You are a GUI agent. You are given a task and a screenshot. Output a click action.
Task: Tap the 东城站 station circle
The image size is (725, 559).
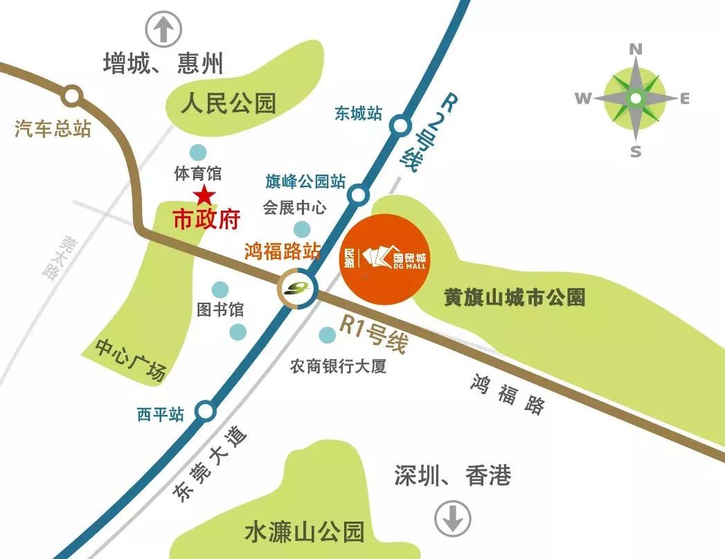(400, 126)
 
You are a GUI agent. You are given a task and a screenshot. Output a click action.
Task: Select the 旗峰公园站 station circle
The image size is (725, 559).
(358, 195)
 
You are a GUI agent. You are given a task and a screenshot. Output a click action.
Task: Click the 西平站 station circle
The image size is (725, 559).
(204, 411)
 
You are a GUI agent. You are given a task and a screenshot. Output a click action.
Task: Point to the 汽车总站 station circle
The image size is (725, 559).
(72, 95)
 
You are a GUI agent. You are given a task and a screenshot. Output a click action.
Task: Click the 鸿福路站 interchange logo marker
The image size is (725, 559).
(297, 287)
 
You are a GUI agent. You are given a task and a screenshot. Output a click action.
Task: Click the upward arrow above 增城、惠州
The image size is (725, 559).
(163, 30)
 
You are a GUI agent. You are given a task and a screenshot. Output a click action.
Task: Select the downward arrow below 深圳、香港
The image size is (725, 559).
(454, 517)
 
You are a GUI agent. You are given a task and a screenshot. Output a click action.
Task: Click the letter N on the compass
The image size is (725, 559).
(636, 49)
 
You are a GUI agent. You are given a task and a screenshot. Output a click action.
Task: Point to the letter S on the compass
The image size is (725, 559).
(636, 152)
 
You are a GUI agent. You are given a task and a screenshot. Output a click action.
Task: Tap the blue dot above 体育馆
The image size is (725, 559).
(198, 152)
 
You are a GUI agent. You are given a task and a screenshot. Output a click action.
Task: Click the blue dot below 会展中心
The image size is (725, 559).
(302, 229)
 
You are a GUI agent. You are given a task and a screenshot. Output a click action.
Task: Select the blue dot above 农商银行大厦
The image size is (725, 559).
(326, 335)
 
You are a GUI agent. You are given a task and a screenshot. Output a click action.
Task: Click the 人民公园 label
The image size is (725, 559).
(229, 104)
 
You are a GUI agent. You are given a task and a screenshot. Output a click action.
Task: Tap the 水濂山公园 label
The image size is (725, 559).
(304, 532)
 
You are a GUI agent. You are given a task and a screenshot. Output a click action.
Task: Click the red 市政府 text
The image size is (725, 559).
(206, 220)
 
